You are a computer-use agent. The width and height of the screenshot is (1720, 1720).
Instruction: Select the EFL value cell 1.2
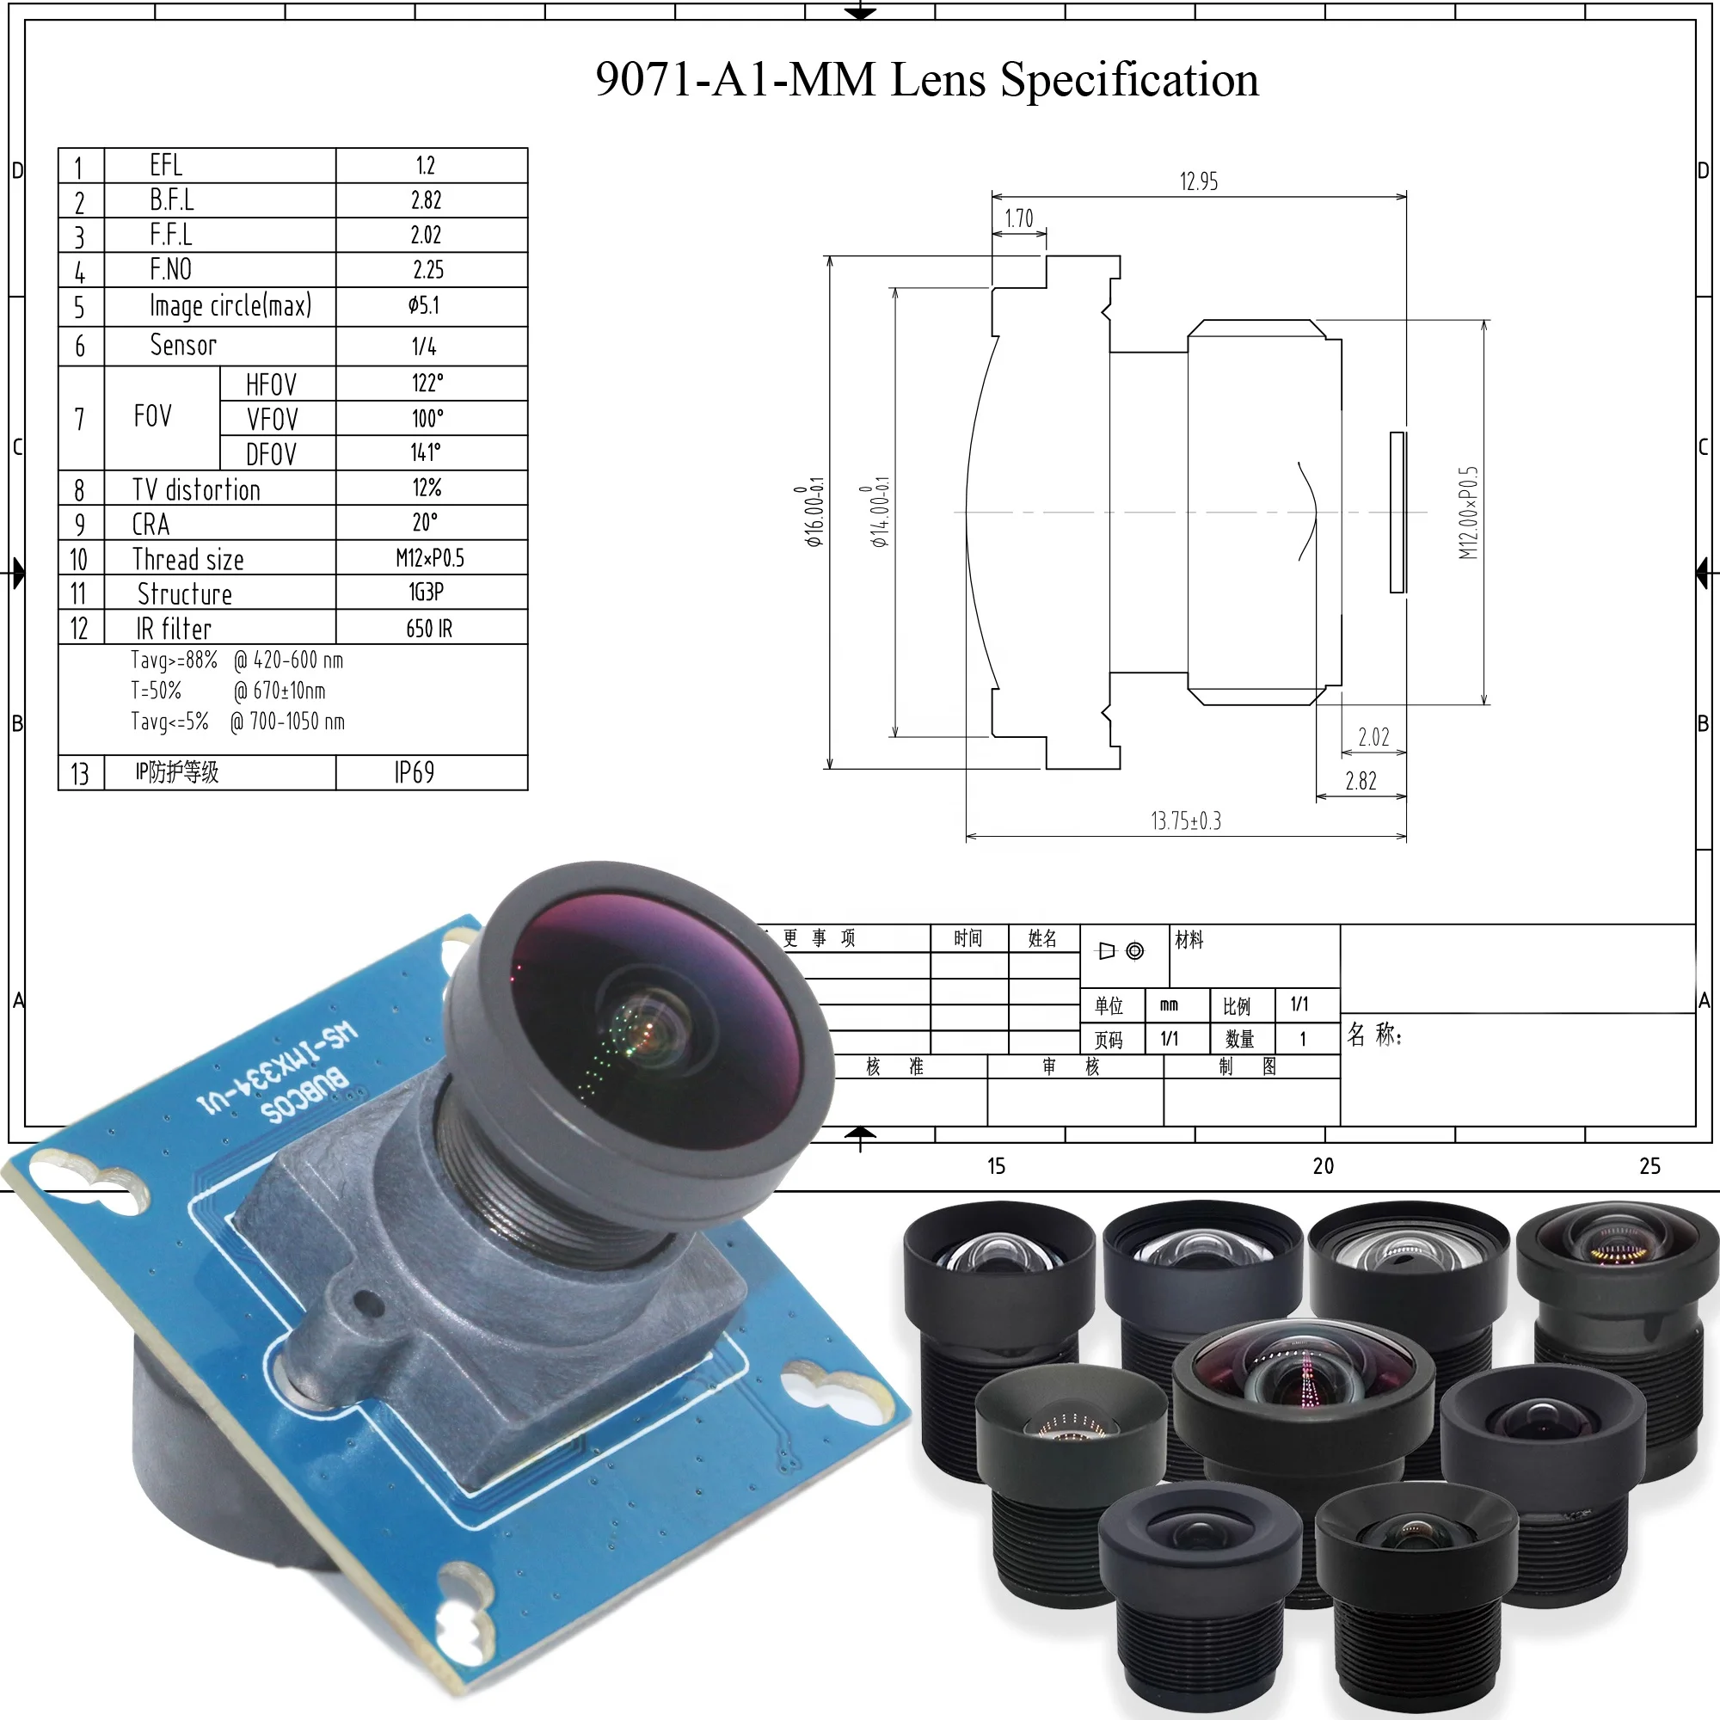click(x=426, y=166)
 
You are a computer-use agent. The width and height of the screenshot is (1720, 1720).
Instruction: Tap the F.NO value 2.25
click(x=428, y=270)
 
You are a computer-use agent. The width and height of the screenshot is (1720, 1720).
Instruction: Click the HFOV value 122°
click(x=427, y=384)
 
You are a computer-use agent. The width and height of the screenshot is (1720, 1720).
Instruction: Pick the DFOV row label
click(x=271, y=454)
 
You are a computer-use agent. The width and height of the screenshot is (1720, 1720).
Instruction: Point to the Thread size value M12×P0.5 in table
click(x=430, y=558)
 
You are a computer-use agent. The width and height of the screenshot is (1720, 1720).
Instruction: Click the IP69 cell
click(x=415, y=772)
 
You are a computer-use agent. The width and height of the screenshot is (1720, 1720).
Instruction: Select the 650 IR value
click(x=429, y=629)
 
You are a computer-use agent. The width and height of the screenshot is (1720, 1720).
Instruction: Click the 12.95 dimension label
click(x=1198, y=182)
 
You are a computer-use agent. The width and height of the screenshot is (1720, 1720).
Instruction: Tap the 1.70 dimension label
click(x=1018, y=219)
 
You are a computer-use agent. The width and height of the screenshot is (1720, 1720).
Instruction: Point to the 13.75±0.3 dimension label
click(x=1186, y=820)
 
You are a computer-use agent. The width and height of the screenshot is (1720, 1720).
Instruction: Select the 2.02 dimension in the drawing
click(x=1373, y=737)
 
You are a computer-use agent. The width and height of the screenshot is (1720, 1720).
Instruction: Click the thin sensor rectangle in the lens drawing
click(x=1397, y=512)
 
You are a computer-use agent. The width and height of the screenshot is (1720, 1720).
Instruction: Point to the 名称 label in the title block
click(x=1373, y=1035)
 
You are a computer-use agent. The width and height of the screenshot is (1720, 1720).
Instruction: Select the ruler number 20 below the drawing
click(x=1323, y=1166)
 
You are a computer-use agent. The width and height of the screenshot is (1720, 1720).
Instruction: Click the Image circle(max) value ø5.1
click(x=424, y=305)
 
